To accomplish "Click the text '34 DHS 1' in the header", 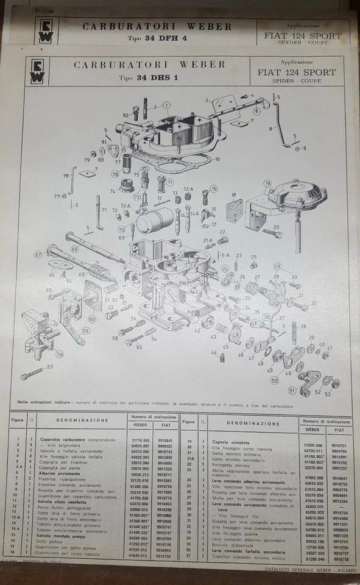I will click(x=147, y=78).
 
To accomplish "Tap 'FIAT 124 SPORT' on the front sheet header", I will click(x=296, y=73).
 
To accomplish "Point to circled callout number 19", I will click(x=267, y=183).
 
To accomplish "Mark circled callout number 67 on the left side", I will click(x=38, y=255).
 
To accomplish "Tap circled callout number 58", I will click(x=60, y=354).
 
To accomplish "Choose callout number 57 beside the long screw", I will click(x=50, y=367).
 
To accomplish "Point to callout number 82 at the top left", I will click(x=125, y=115).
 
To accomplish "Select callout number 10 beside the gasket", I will click(x=217, y=160).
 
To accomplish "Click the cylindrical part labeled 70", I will click(x=154, y=221).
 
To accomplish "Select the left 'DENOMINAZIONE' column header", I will click(x=82, y=420).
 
